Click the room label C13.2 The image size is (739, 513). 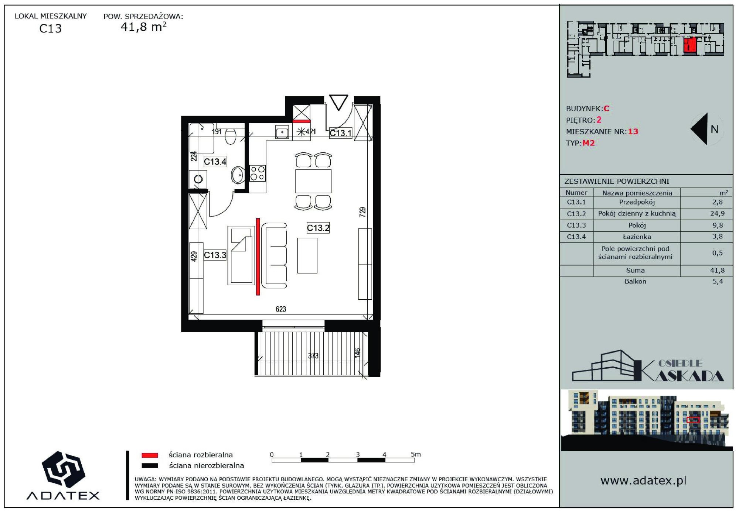318,228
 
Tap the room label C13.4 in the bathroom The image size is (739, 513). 215,161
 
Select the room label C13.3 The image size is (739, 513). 215,255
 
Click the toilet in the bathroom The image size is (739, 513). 231,136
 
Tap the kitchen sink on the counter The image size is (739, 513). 282,132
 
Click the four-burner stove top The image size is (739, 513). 258,173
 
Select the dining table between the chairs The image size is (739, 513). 313,181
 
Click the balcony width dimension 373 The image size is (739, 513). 313,356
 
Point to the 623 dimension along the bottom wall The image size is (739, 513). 281,309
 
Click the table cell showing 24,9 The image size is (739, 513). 717,214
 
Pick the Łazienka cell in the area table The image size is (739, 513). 637,237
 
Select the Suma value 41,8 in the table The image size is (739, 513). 717,271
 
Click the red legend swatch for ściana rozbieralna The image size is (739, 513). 150,455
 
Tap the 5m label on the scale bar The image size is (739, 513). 416,454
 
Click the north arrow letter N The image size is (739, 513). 714,129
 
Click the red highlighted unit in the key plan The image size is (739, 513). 689,45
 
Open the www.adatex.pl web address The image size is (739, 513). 643,481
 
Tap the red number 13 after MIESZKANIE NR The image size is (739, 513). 633,131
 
